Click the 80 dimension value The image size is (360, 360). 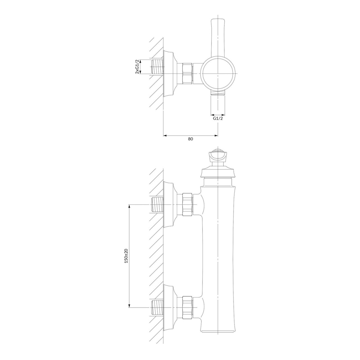190,139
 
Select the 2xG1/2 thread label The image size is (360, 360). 137,67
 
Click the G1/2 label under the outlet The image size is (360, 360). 218,118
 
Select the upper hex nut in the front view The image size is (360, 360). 187,205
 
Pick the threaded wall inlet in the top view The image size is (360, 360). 157,67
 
